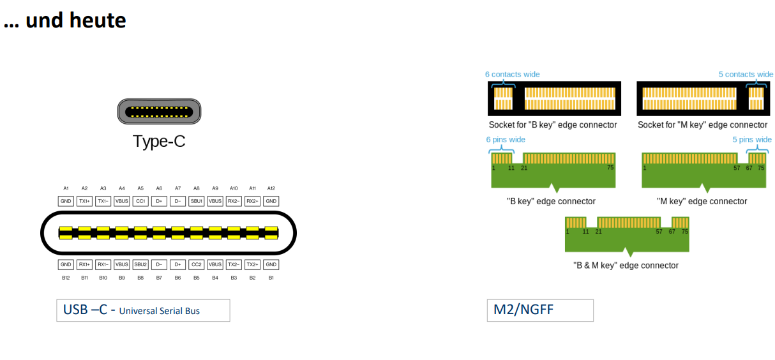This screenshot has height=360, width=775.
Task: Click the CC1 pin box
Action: pos(140,201)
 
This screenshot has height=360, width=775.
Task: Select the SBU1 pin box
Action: pos(197,201)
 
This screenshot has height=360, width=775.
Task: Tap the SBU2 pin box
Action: pos(140,264)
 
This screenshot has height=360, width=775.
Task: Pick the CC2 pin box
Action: pos(197,264)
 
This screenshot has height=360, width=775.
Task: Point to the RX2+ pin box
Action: pos(253,201)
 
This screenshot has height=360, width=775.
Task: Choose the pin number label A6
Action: pos(159,188)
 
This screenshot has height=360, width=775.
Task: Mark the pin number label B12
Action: pos(66,278)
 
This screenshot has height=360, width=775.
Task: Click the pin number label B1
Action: pos(271,278)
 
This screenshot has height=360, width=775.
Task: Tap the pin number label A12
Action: pos(271,188)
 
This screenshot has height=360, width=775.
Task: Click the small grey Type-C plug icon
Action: pos(159,112)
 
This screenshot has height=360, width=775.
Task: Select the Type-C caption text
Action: pos(159,141)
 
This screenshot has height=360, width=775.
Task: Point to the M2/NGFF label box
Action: pos(540,310)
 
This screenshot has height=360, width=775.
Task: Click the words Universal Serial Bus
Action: pos(160,311)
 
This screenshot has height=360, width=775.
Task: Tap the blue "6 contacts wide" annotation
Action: pos(512,74)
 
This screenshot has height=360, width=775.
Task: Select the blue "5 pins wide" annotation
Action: pos(751,139)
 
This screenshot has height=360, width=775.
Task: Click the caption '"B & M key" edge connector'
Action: pos(626,266)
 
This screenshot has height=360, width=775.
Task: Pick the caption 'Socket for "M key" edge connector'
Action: pos(702,125)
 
